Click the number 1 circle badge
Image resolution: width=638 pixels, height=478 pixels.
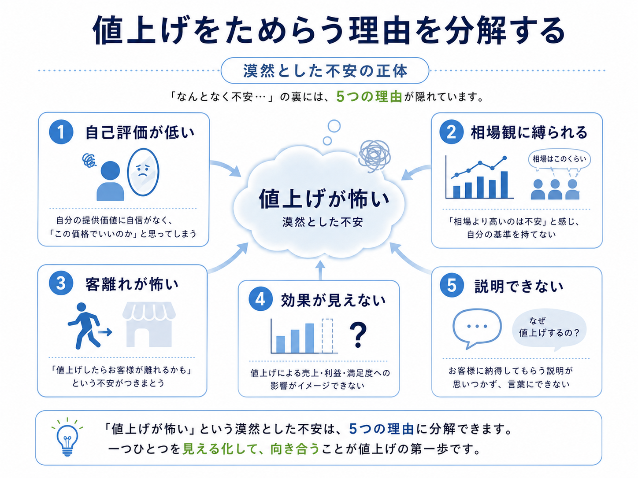click(x=61, y=132)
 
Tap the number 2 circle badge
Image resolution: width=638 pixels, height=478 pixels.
click(x=451, y=132)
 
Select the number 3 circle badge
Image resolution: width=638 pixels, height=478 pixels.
click(x=61, y=283)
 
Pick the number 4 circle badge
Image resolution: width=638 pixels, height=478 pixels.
click(x=260, y=299)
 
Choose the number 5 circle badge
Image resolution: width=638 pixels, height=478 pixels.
click(x=451, y=285)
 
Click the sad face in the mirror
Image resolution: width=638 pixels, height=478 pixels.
click(x=143, y=172)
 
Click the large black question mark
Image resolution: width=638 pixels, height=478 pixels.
click(x=358, y=335)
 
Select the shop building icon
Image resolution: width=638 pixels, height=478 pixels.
click(x=149, y=324)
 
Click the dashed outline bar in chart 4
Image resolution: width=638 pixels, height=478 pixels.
click(x=327, y=336)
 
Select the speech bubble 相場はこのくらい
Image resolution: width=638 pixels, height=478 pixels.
click(x=559, y=159)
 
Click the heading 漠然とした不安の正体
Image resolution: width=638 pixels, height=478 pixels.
click(x=325, y=71)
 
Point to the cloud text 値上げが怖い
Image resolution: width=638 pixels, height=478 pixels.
click(x=324, y=199)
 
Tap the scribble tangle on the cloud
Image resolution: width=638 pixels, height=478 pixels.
click(x=375, y=156)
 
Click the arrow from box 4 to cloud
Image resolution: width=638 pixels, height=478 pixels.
click(x=320, y=270)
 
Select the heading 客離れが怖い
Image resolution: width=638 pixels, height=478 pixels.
click(x=132, y=284)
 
